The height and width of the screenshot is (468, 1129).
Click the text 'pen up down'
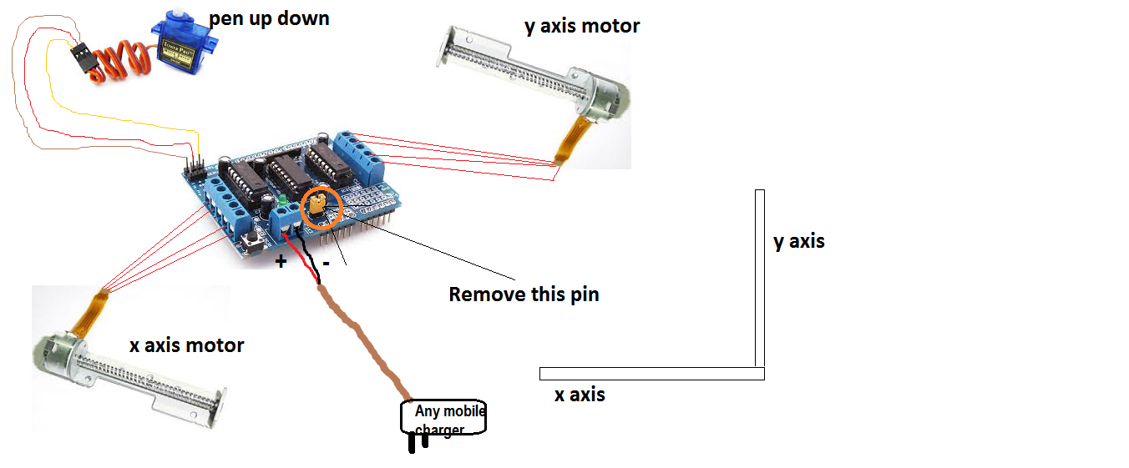(269, 18)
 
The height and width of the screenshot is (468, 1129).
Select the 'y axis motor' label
(582, 26)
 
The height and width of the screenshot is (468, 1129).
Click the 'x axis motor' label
(187, 345)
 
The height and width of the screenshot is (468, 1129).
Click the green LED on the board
(284, 201)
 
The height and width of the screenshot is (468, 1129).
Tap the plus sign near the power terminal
(281, 262)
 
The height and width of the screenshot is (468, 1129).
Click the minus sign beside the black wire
(326, 263)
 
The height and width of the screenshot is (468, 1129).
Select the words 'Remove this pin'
(524, 294)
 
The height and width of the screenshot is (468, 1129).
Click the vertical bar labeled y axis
(760, 279)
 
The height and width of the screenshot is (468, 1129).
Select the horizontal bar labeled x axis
(651, 373)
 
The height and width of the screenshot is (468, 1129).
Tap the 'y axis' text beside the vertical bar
(799, 242)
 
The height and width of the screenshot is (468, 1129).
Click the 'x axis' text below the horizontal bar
(580, 395)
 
